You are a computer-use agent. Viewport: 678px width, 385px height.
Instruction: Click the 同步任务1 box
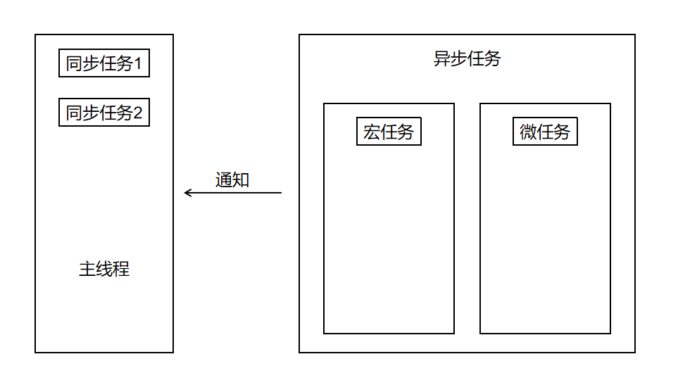[104, 64]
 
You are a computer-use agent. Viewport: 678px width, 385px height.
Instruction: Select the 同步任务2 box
[104, 112]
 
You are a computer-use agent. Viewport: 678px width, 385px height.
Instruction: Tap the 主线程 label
[104, 270]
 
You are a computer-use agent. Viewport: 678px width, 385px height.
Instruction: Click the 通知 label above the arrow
[232, 180]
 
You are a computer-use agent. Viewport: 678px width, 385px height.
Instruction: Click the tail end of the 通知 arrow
[280, 193]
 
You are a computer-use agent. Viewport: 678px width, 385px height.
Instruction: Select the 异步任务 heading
[467, 59]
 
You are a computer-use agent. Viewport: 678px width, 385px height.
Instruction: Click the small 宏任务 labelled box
[389, 132]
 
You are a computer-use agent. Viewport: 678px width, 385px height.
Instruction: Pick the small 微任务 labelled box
[545, 132]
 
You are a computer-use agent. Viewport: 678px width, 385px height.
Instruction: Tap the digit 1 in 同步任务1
[138, 65]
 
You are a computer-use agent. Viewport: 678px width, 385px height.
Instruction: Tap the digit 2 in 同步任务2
[138, 113]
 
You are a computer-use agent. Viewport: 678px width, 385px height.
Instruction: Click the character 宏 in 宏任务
[372, 132]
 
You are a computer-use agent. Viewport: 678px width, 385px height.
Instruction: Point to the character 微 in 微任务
[528, 132]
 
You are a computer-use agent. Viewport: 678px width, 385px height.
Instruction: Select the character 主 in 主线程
[87, 270]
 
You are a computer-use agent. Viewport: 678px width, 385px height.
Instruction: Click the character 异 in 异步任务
[441, 59]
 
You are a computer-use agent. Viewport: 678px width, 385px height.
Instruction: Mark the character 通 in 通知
[224, 180]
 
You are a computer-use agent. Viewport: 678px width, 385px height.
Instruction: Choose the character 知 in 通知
[241, 180]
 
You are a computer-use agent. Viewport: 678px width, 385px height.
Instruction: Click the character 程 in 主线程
[121, 270]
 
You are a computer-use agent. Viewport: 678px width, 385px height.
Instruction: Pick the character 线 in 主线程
[104, 270]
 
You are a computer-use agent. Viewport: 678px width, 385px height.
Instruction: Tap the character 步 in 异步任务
[458, 59]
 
